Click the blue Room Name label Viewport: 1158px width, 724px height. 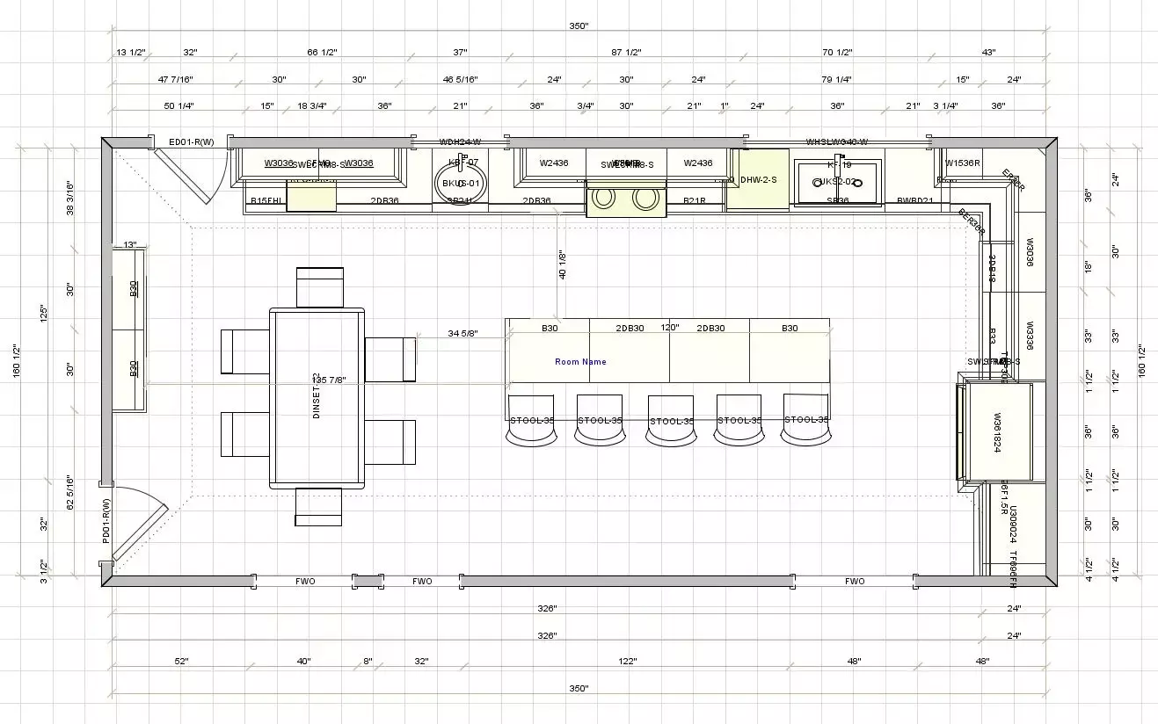tap(580, 362)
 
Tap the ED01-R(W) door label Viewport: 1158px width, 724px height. tap(192, 141)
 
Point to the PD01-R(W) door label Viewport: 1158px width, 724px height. tap(106, 521)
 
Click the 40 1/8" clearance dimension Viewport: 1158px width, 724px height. tap(562, 264)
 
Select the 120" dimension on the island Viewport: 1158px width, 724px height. tap(670, 328)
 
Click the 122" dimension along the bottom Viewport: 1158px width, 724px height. tap(627, 661)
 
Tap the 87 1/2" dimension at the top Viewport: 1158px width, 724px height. tap(627, 53)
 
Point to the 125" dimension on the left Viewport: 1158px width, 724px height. tap(44, 313)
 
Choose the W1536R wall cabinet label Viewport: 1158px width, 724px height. tap(963, 163)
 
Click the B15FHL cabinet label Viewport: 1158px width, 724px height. tap(266, 201)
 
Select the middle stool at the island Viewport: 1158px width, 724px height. tap(670, 420)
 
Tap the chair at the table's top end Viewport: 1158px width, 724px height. tap(319, 287)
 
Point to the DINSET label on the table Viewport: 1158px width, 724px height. tap(317, 397)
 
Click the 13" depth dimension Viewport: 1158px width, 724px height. tap(130, 244)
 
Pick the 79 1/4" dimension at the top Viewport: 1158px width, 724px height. tap(836, 80)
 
